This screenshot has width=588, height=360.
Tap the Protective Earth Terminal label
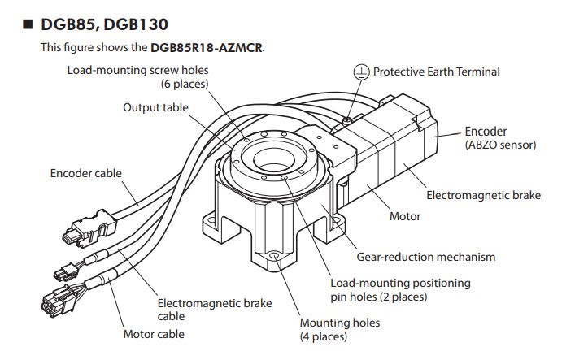click(436, 72)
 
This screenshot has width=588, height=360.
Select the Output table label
click(155, 107)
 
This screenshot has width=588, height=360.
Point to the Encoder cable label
click(85, 173)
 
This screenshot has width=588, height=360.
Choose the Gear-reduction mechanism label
click(425, 257)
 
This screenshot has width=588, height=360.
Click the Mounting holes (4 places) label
click(339, 329)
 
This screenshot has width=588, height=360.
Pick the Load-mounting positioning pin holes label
click(399, 289)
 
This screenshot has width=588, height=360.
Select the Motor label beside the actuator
click(405, 216)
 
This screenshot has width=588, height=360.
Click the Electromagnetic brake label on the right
click(483, 195)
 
